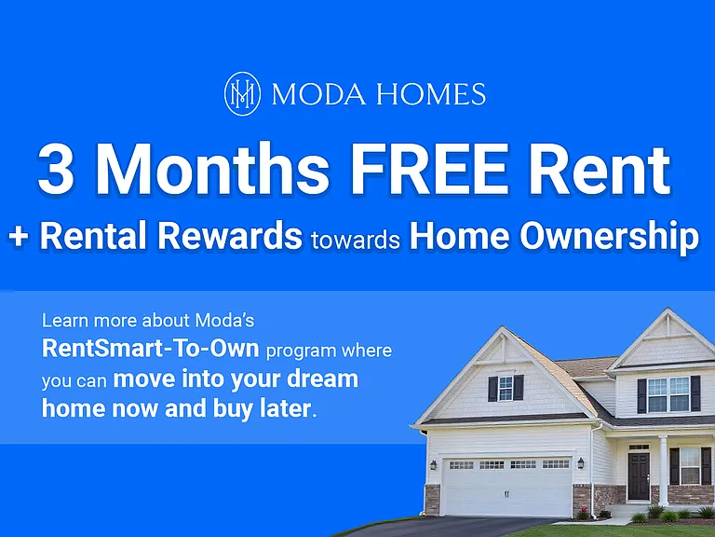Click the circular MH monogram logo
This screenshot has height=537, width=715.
pos(242,93)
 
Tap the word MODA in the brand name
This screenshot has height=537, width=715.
pos(318,94)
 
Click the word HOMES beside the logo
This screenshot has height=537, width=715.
pos(431,94)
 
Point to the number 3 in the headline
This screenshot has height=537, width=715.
pos(56,169)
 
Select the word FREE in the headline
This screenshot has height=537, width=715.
pos(429,169)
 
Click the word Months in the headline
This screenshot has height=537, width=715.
pos(212,168)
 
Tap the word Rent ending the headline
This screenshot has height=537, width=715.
pos(600,169)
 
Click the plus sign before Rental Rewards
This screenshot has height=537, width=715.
pos(19,238)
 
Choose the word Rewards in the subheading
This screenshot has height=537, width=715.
pos(230,236)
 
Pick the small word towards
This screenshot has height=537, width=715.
pos(356,240)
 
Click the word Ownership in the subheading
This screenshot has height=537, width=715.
pos(609,238)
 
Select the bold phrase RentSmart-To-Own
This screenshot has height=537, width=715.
pos(151,349)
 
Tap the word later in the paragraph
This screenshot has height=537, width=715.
pos(286,408)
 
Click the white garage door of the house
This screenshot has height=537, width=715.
pos(506,486)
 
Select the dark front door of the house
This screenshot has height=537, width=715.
pos(639,475)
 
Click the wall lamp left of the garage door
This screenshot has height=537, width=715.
pos(433,465)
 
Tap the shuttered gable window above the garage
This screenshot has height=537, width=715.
pos(506,389)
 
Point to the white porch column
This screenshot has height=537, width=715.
pos(663,470)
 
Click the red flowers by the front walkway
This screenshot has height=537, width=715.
pos(584,512)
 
